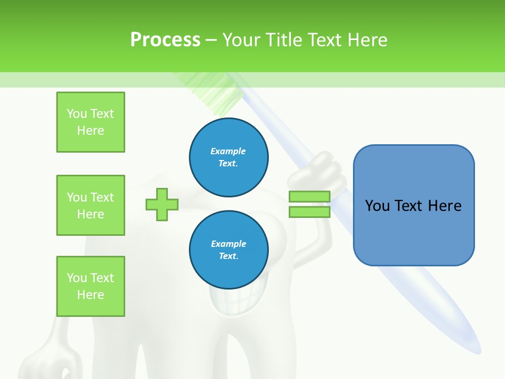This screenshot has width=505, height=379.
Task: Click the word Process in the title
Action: (165, 40)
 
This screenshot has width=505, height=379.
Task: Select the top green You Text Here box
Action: (90, 122)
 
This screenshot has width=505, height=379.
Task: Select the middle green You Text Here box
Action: (90, 205)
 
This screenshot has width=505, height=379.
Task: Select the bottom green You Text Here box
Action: (90, 286)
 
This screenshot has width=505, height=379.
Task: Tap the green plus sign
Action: (162, 204)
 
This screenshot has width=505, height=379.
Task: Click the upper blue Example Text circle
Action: (229, 157)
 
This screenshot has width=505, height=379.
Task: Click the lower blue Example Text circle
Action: (229, 250)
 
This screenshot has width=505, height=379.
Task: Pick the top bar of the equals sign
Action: (309, 196)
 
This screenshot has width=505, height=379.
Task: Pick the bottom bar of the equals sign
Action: (309, 212)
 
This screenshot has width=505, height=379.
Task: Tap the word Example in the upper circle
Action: (228, 151)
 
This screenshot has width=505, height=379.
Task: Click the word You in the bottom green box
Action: (76, 278)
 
